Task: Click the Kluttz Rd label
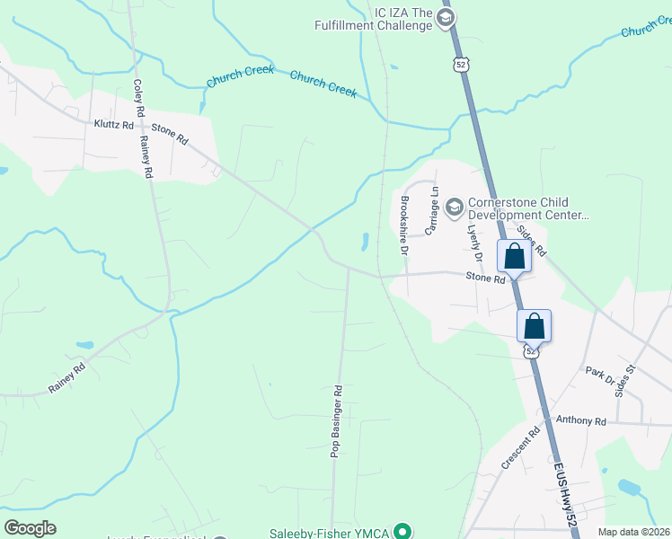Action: [114, 125]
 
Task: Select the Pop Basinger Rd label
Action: [338, 421]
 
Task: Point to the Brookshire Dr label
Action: [404, 225]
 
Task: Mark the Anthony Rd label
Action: [580, 420]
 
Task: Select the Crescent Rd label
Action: [520, 446]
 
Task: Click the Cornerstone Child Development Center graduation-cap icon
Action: [454, 208]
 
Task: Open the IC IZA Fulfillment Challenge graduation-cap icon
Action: [446, 18]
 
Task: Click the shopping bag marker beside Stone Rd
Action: [514, 256]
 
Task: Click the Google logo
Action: [30, 528]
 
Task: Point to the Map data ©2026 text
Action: [634, 532]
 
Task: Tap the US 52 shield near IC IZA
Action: [460, 64]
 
